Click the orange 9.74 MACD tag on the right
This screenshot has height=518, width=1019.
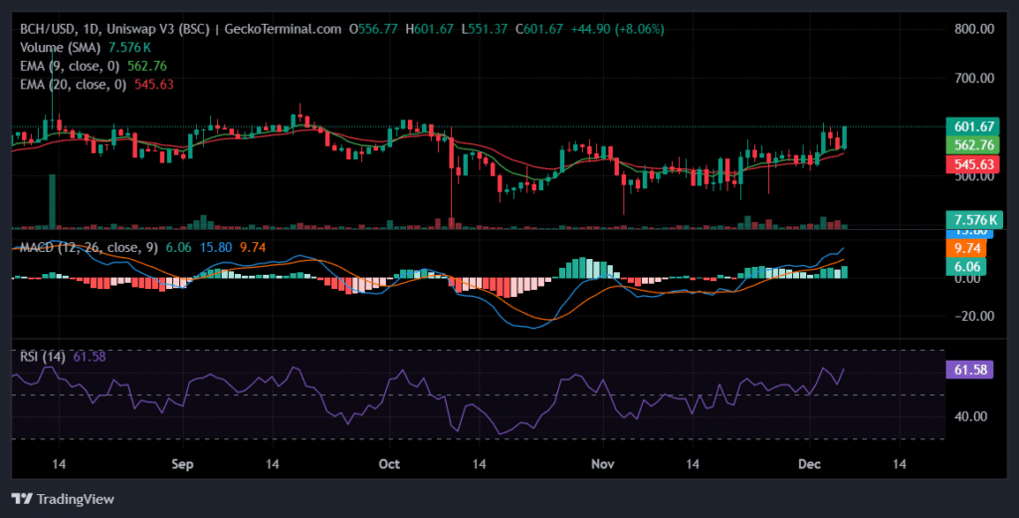click(971, 248)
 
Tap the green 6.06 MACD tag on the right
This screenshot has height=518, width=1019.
click(971, 266)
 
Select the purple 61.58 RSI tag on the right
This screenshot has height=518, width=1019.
click(971, 370)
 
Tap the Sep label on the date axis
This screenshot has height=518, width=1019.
click(181, 464)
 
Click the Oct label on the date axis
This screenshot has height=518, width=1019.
click(390, 464)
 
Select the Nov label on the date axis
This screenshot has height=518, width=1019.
click(601, 464)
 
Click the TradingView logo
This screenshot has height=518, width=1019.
click(63, 498)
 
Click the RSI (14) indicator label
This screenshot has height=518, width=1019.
click(44, 357)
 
